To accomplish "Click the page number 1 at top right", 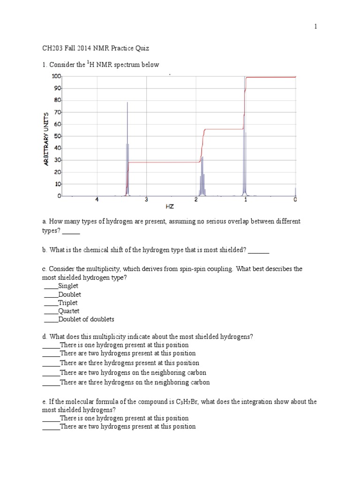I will (x=316, y=27).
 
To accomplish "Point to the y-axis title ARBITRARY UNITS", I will (x=46, y=139).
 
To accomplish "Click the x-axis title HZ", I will (x=170, y=206).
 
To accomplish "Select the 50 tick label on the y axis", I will (x=57, y=136).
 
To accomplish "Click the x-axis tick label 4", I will (x=97, y=200).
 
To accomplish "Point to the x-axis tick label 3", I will (x=146, y=200).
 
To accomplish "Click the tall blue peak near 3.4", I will (x=127, y=150).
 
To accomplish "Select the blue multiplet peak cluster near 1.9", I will (x=202, y=180).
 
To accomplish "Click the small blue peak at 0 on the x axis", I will (x=295, y=191).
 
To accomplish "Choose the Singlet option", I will (x=68, y=286).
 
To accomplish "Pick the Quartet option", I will (x=68, y=311).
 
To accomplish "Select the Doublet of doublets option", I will (x=86, y=320).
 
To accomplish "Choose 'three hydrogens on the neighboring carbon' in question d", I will (x=135, y=382).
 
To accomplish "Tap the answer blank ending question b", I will (x=258, y=251).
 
